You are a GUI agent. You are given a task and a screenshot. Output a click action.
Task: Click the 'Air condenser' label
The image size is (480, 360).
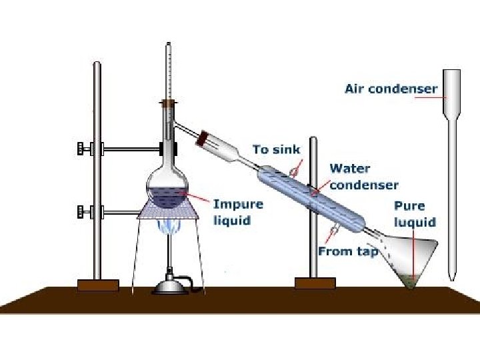tap(391, 88)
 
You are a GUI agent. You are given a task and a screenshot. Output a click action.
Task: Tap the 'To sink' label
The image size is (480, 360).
tap(276, 150)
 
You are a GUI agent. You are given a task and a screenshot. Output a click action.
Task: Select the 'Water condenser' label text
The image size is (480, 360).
tap(363, 177)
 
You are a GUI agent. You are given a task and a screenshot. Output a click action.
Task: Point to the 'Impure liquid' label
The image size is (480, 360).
tap(238, 211)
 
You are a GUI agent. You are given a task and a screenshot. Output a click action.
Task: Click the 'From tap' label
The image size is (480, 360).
tap(348, 251)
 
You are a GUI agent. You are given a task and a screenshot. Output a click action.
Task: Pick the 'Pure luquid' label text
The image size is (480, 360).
tap(414, 214)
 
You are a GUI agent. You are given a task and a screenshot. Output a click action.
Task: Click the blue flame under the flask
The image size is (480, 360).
tap(168, 227)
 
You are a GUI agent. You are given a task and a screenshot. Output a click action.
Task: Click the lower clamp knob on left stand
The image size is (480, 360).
tap(83, 213)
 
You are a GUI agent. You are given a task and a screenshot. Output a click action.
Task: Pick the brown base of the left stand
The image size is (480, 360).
tap(98, 285)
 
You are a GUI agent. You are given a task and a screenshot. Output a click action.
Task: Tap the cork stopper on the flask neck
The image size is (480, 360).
tap(169, 103)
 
